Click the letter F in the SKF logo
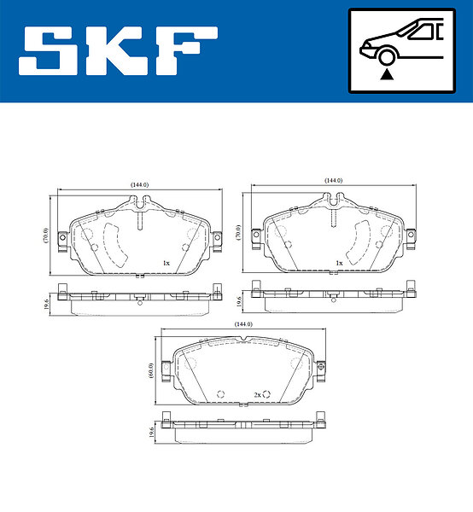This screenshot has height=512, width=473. tap(187, 50)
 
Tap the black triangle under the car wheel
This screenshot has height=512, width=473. tap(387, 75)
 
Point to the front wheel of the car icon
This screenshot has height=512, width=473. tap(387, 57)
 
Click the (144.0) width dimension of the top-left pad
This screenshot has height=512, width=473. tap(139, 185)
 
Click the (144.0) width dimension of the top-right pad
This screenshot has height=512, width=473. tap(333, 181)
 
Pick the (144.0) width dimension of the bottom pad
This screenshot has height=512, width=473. tap(243, 324)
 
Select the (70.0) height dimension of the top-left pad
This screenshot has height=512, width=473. tap(46, 236)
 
